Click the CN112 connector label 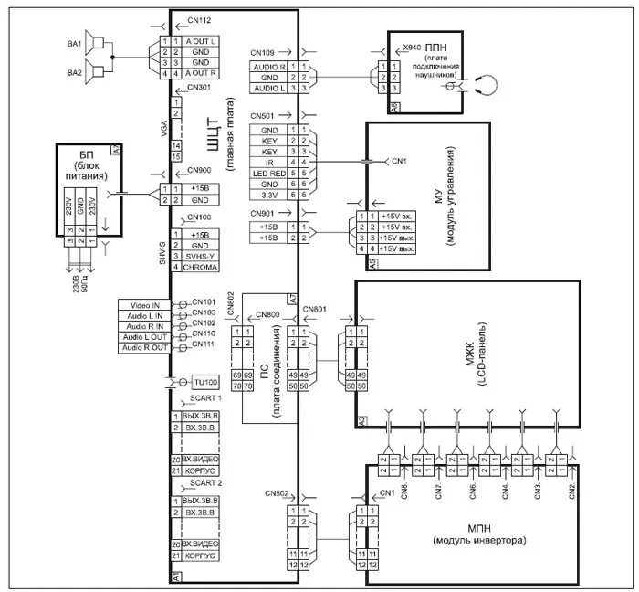tap(198, 20)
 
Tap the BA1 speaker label tap(74, 43)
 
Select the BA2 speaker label tap(74, 72)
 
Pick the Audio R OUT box tap(143, 348)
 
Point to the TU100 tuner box tap(205, 382)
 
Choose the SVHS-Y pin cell tap(199, 258)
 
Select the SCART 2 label tap(205, 482)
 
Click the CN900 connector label tap(198, 171)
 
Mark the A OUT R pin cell tap(200, 73)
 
